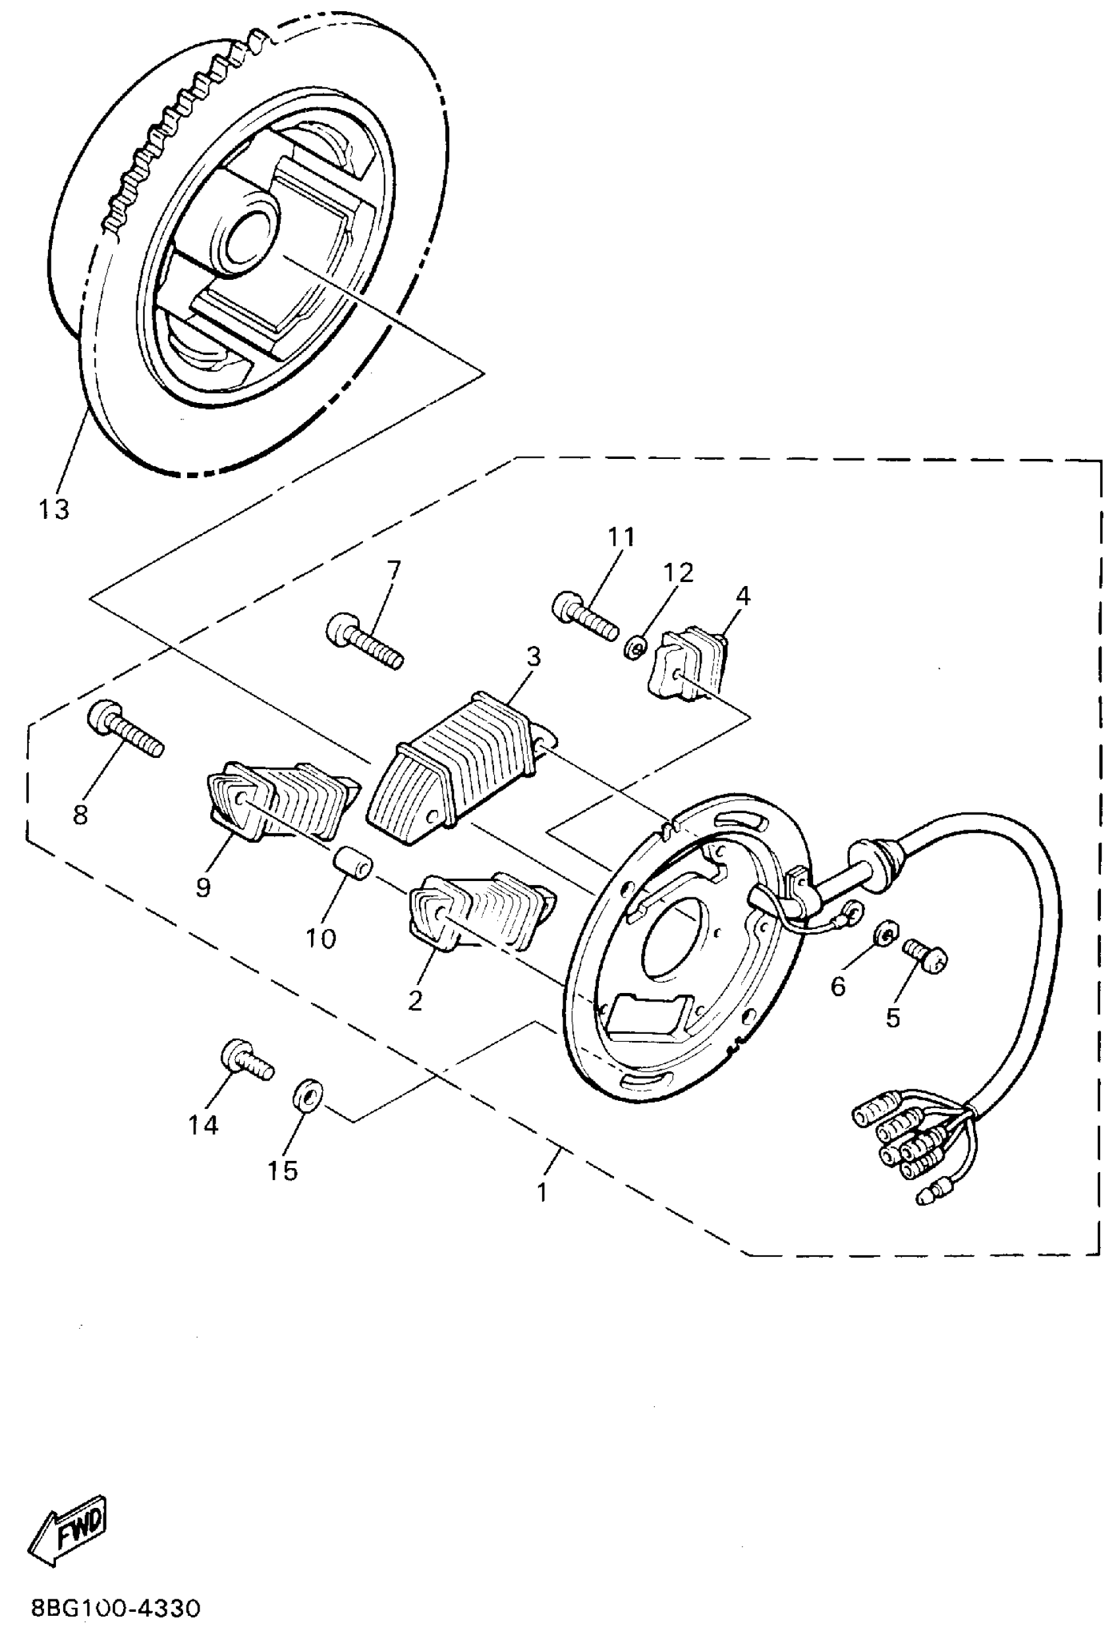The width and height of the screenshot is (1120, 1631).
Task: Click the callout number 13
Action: pyautogui.click(x=54, y=510)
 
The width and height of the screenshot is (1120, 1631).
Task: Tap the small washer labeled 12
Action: pyautogui.click(x=632, y=649)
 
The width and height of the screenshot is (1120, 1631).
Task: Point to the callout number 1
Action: pyautogui.click(x=542, y=1192)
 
